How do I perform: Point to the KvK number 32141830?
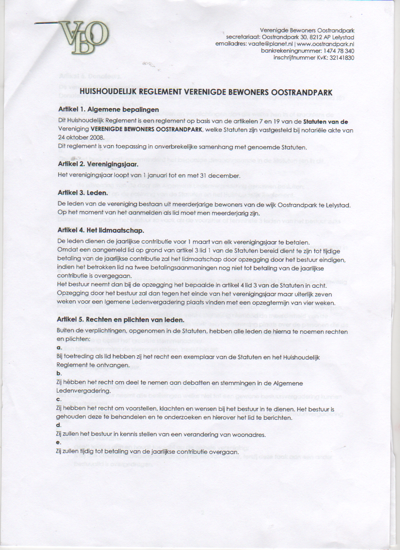[338, 58]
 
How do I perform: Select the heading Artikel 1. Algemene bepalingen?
[108, 109]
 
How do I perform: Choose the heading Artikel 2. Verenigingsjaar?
[97, 165]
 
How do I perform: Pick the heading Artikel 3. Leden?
[83, 193]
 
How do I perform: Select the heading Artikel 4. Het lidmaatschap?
[101, 230]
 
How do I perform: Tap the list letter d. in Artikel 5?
[59, 425]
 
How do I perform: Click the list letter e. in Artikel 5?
[59, 442]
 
